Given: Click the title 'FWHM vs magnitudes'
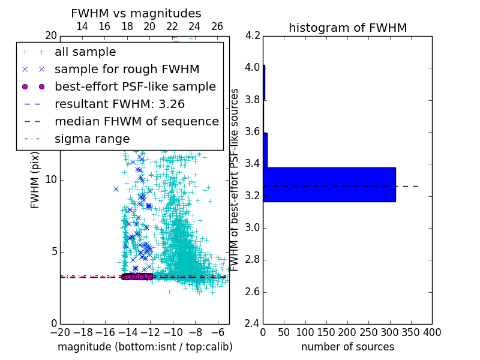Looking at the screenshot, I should point(136,13).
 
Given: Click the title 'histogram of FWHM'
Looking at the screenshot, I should point(347,28).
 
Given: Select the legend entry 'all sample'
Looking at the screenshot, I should point(85,52).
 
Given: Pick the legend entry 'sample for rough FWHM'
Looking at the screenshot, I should point(127,70).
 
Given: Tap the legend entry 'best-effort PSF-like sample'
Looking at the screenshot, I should point(135,87).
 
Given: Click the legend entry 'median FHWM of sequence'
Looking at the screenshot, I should point(136,122).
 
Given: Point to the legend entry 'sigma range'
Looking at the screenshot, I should point(92,139).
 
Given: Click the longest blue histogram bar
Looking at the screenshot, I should point(329,185).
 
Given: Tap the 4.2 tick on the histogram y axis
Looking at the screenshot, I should point(253,35).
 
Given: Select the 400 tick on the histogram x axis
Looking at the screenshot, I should point(432,332).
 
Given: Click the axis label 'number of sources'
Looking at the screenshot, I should point(347,347).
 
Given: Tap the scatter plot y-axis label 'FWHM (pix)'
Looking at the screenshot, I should point(35,179).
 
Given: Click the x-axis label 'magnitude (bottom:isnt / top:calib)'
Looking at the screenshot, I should point(145,347).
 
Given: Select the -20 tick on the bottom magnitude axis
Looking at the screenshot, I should point(60,332).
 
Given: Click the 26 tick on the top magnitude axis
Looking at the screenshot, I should point(217,26).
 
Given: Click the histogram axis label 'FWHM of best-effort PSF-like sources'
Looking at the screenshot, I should point(236,179).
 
